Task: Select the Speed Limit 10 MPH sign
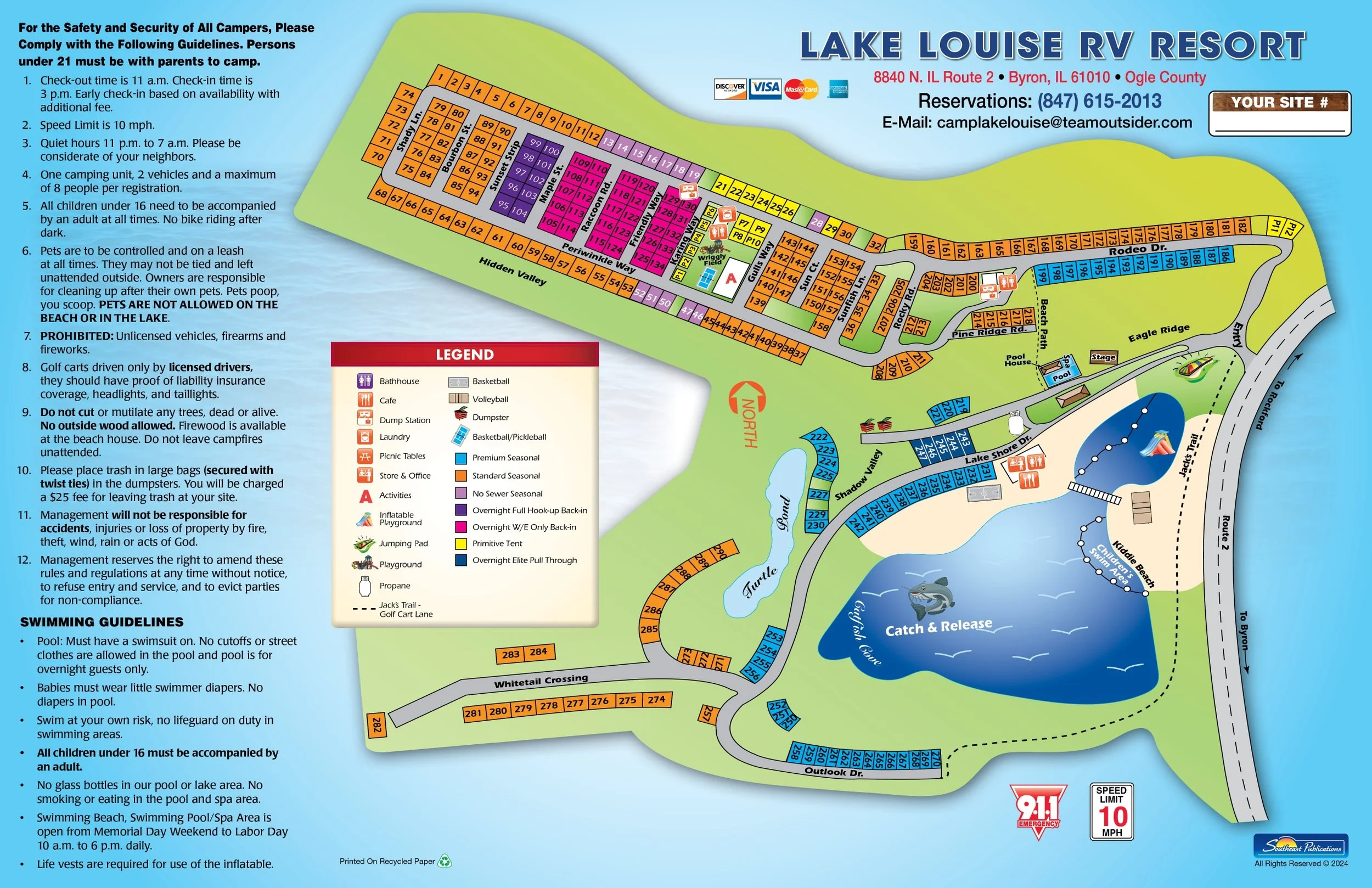click(x=1111, y=811)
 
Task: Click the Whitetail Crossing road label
click(x=541, y=681)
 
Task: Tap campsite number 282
click(x=376, y=725)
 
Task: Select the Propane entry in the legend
click(x=394, y=586)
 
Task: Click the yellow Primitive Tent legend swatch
click(x=460, y=544)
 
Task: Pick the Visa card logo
click(x=765, y=88)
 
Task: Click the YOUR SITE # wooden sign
click(x=1279, y=103)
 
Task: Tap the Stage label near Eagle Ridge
click(x=1103, y=357)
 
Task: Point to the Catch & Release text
click(x=938, y=627)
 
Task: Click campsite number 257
click(x=707, y=714)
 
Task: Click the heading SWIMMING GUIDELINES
click(x=102, y=622)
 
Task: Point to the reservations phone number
click(x=1099, y=102)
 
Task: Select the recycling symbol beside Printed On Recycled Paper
click(x=445, y=861)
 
